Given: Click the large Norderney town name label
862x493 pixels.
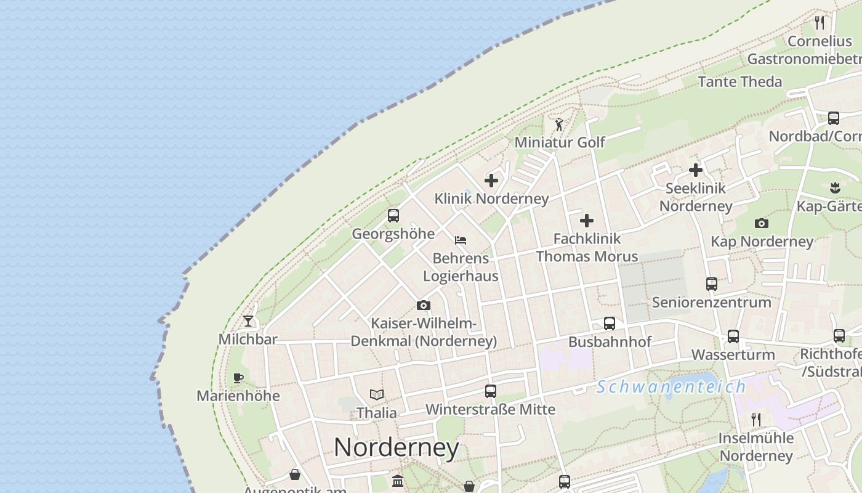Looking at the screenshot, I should pyautogui.click(x=397, y=447).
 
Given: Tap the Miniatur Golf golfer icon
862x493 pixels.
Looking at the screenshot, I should pyautogui.click(x=559, y=125).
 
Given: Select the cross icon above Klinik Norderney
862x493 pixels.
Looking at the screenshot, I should pyautogui.click(x=491, y=181).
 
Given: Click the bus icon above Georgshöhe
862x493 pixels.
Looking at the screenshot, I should pyautogui.click(x=393, y=216).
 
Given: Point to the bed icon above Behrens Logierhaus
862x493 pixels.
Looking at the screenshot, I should pyautogui.click(x=461, y=240).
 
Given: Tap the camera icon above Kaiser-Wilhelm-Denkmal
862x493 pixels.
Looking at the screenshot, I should pyautogui.click(x=423, y=305).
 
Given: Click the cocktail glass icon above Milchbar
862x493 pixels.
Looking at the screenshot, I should pyautogui.click(x=248, y=320).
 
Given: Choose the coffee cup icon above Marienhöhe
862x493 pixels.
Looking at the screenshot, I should pyautogui.click(x=238, y=378).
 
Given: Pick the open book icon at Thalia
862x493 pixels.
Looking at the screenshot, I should pyautogui.click(x=377, y=394).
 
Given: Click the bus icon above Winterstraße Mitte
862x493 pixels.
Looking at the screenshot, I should pyautogui.click(x=491, y=391).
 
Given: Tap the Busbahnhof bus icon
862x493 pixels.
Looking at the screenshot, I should pyautogui.click(x=610, y=324).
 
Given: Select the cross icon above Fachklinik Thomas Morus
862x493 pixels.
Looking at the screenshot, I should pyautogui.click(x=587, y=220).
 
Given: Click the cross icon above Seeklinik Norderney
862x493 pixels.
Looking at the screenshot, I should pyautogui.click(x=696, y=170).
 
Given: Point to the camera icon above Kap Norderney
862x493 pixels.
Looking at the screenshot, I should pyautogui.click(x=762, y=223).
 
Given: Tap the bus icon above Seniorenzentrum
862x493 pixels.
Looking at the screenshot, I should pyautogui.click(x=712, y=284).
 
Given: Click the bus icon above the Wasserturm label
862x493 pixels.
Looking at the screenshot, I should pyautogui.click(x=733, y=336).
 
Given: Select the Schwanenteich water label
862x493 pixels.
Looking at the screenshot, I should pyautogui.click(x=671, y=387).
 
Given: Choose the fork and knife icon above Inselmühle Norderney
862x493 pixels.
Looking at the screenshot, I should pyautogui.click(x=756, y=420).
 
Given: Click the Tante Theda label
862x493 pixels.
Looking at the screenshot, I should pyautogui.click(x=740, y=81).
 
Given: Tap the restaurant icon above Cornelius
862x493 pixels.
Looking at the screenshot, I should pyautogui.click(x=820, y=23).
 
